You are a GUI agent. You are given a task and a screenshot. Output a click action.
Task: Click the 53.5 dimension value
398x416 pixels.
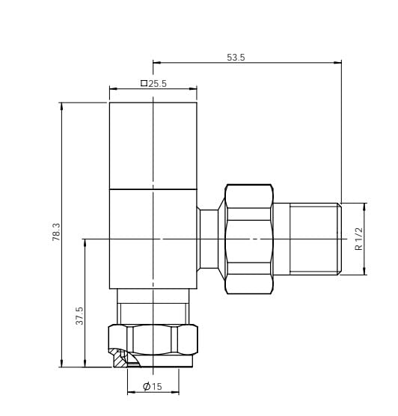click(236, 58)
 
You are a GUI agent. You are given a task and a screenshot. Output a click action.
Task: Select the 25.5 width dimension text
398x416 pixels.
click(157, 84)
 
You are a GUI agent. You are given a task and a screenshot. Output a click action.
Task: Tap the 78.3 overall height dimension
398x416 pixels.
click(56, 232)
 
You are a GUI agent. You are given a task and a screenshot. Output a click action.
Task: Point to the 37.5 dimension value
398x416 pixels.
click(79, 316)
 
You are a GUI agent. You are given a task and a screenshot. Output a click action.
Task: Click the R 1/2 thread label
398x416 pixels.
click(358, 239)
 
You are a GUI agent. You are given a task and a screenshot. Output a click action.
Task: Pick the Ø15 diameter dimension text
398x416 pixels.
click(153, 386)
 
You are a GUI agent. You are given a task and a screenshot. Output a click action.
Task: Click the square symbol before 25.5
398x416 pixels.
click(144, 83)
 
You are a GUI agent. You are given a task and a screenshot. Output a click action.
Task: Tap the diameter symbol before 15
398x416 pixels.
click(147, 386)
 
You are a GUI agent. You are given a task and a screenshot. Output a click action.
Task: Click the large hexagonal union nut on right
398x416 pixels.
click(249, 239)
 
